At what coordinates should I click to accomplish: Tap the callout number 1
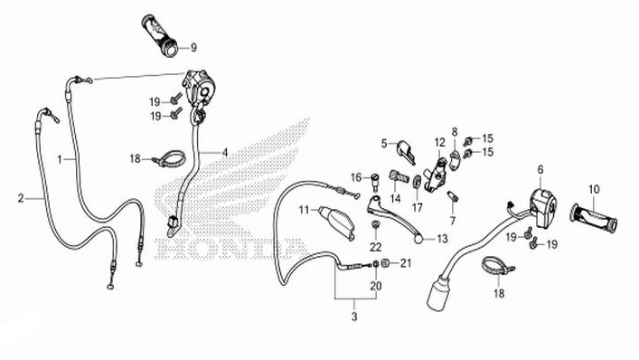(60, 157)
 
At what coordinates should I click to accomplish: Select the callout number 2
(20, 196)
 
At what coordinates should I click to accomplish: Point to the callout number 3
(354, 317)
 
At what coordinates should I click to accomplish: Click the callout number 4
(225, 152)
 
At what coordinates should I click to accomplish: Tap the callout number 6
(540, 169)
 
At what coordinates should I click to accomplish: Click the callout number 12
(438, 142)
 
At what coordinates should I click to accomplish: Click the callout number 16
(356, 177)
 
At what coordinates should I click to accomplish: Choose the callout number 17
(417, 205)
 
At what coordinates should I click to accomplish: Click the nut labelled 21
(386, 264)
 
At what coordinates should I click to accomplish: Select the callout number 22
(375, 247)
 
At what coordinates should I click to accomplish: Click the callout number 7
(452, 220)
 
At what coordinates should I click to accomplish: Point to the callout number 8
(456, 131)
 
